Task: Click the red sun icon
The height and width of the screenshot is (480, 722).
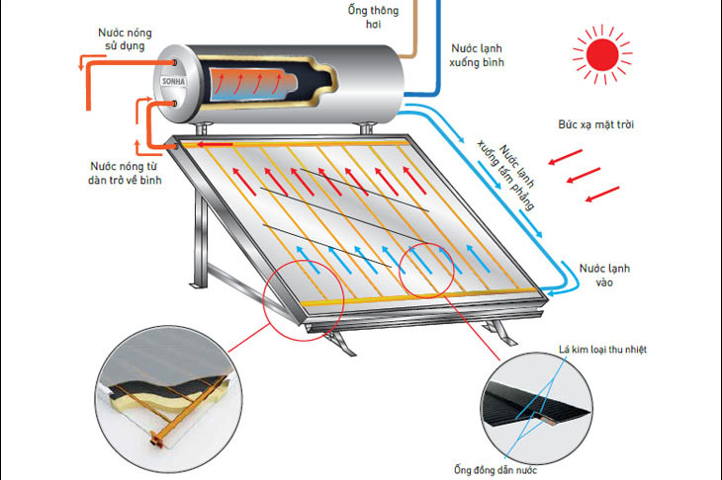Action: pos(602,54)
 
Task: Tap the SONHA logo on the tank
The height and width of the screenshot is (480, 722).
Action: pos(174,81)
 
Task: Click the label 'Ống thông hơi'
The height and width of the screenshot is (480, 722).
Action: pos(374,17)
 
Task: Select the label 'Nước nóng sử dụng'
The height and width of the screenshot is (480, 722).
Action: pos(125,40)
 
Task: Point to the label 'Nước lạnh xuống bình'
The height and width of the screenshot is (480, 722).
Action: pos(477,55)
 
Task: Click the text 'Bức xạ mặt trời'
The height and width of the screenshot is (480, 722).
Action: pos(595,124)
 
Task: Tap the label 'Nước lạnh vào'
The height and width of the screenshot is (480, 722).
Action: pos(604,275)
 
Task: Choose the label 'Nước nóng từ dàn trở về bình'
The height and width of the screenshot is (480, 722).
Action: pos(125,173)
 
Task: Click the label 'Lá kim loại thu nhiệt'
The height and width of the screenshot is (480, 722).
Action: pos(602,350)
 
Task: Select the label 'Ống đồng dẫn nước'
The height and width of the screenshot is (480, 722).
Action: pos(495,470)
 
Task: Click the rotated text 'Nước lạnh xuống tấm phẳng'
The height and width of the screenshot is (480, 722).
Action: pos(506,174)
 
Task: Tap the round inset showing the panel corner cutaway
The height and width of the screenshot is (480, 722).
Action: pos(169,399)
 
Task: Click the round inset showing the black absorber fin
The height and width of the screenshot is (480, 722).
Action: pos(536,408)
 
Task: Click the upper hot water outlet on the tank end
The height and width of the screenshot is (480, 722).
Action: pos(174,62)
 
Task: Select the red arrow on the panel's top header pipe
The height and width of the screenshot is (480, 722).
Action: pos(215,145)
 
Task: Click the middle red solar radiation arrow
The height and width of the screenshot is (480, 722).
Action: pos(584,175)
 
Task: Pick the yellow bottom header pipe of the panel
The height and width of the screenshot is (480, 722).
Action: pos(419,296)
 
